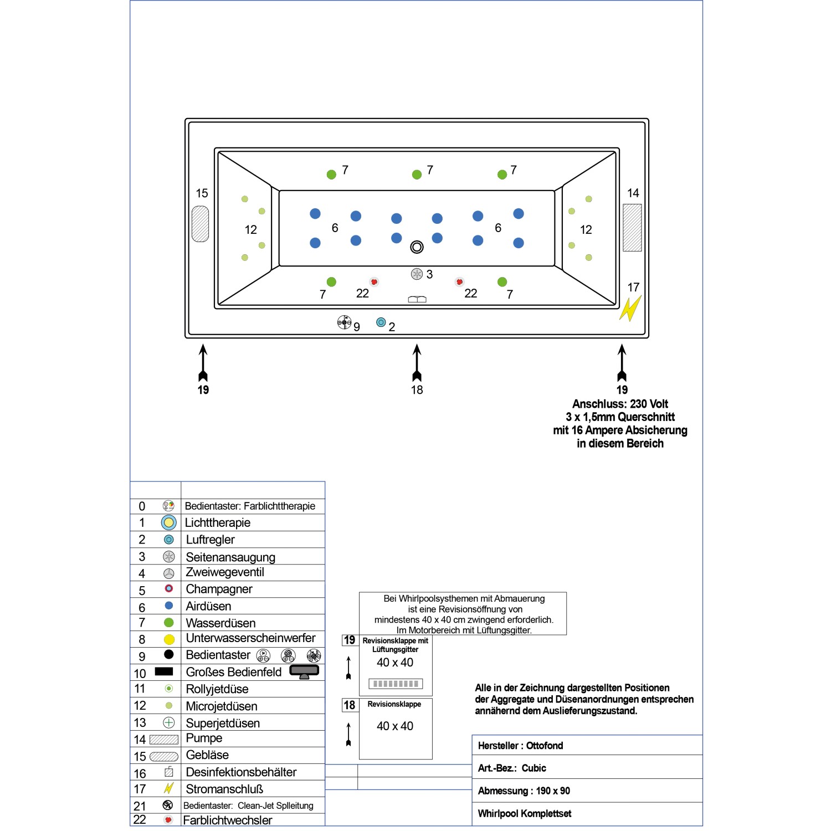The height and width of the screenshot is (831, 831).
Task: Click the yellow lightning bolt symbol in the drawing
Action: click(630, 309)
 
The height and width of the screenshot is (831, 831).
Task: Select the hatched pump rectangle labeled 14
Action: click(632, 228)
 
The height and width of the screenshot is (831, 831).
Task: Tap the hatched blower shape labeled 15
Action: click(200, 224)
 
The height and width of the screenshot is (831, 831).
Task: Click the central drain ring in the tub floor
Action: click(417, 247)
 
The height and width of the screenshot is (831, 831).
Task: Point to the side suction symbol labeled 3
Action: click(417, 274)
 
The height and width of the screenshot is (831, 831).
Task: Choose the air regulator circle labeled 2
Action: click(381, 322)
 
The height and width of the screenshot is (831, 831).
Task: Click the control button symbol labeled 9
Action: click(344, 322)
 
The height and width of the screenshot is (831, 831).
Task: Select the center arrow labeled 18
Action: click(417, 363)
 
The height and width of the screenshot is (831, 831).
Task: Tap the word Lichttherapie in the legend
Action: click(218, 522)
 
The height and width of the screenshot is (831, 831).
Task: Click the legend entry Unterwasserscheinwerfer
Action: click(250, 638)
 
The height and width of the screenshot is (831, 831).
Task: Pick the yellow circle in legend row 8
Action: click(169, 639)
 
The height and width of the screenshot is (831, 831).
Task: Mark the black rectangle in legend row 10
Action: click(164, 671)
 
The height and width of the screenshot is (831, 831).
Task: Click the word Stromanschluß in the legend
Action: click(224, 789)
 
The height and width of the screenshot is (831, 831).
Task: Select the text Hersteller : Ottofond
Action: click(520, 746)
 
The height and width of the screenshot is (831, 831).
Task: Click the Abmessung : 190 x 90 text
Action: click(524, 791)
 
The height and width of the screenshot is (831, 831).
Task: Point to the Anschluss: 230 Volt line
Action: click(620, 404)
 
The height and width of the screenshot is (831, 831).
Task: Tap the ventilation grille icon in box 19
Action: click(396, 684)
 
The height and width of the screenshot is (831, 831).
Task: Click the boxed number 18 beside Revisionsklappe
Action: click(350, 705)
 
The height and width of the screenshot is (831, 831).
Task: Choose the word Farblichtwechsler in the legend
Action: click(228, 820)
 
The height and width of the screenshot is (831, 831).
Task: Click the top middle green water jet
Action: click(417, 175)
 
